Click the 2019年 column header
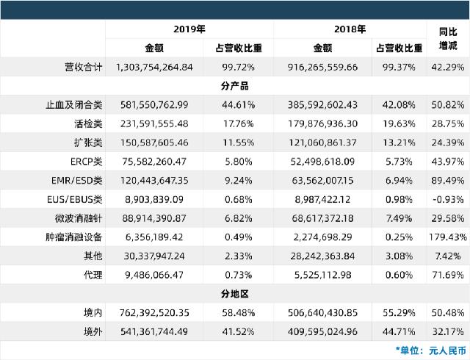tap(189, 29)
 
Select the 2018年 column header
tap(350, 29)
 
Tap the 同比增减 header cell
tap(448, 39)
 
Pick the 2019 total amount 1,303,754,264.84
tap(154, 67)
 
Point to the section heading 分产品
tap(235, 86)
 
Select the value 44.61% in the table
tap(238, 105)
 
